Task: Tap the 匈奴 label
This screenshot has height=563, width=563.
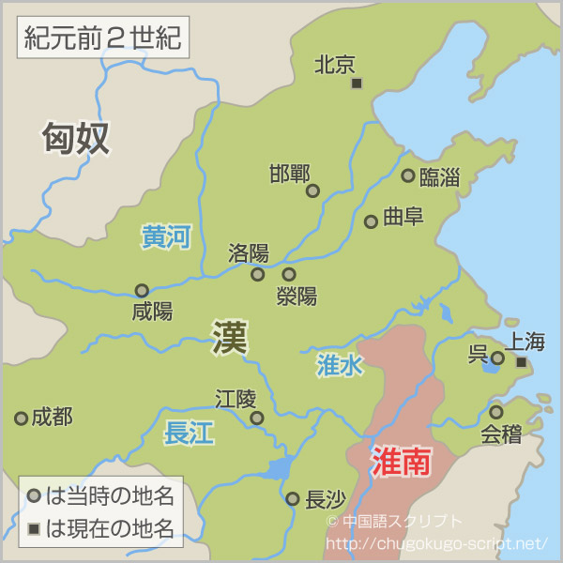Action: tap(76, 138)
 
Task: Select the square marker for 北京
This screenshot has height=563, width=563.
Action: tap(357, 84)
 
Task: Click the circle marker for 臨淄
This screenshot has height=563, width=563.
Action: tap(408, 175)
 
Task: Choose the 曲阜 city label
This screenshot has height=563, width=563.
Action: tap(403, 217)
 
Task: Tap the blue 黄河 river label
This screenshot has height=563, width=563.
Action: tap(166, 237)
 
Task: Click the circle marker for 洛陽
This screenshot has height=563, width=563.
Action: tap(258, 275)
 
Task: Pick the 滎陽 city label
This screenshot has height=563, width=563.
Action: tap(297, 297)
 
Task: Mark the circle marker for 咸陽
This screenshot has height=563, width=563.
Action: tap(142, 291)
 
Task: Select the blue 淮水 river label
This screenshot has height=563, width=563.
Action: tap(339, 366)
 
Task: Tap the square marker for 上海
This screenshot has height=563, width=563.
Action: tap(522, 362)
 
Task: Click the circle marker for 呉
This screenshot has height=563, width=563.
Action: tap(497, 358)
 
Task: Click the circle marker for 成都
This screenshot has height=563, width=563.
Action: tap(21, 418)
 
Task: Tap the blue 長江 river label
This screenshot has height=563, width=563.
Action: tap(190, 434)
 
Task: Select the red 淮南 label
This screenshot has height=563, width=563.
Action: tap(401, 462)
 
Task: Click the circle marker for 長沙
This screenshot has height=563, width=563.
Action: tap(293, 499)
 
